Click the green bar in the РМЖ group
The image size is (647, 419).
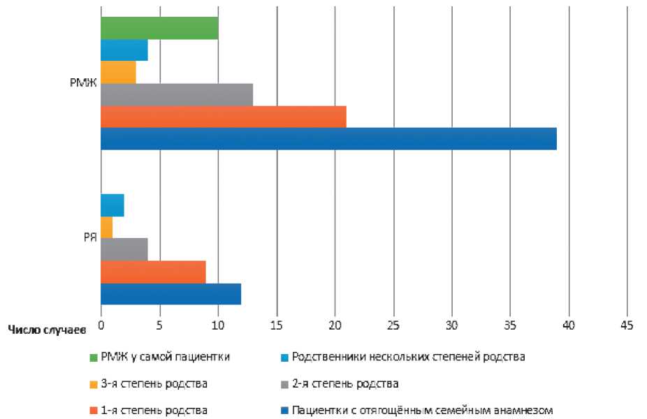tap(159, 28)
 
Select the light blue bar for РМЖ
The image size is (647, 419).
tap(124, 50)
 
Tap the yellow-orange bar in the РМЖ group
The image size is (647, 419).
tap(118, 73)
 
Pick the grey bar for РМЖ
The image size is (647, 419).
tap(177, 94)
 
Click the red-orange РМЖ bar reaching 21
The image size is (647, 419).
tap(224, 117)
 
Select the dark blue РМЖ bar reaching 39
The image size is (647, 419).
tap(328, 139)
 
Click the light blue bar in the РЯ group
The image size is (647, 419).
tap(112, 205)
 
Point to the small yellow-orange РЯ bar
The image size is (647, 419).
tap(107, 228)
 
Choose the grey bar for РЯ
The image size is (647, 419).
tap(124, 249)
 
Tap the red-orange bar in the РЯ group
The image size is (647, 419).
tap(154, 272)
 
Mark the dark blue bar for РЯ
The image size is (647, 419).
tap(171, 294)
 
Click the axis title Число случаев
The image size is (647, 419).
tap(48, 328)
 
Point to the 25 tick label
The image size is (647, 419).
tap(393, 325)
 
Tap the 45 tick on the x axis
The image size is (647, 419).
tap(627, 325)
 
